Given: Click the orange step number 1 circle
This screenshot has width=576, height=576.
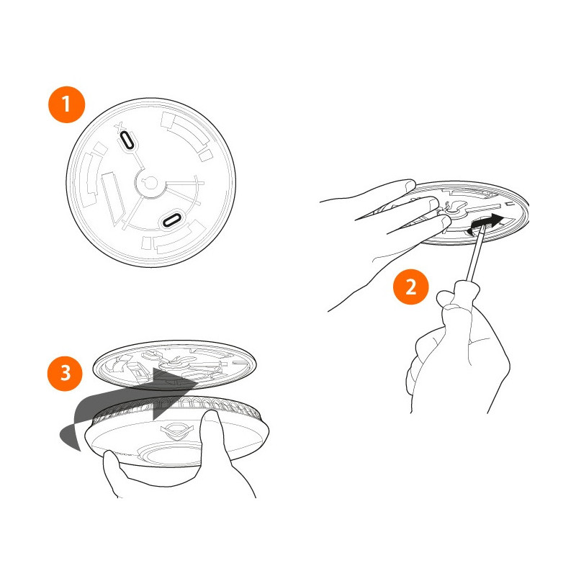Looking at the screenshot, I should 67,105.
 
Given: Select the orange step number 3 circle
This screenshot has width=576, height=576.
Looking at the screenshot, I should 66,374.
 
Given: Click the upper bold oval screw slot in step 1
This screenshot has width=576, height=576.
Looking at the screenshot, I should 127,140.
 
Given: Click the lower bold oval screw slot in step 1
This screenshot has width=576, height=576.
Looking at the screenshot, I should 172,220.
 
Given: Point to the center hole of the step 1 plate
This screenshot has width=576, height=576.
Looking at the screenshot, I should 150,183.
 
